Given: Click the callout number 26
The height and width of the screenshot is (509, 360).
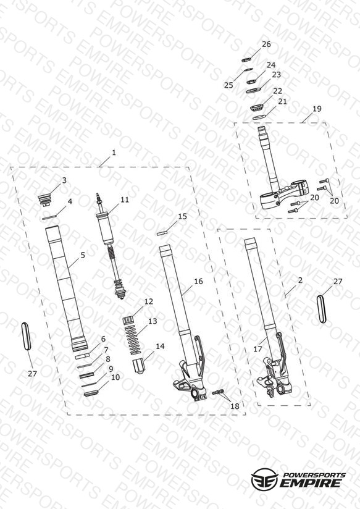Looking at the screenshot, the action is point(266,44).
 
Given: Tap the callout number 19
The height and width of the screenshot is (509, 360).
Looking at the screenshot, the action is point(317,109).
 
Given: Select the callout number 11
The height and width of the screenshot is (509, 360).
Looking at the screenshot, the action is point(125,200).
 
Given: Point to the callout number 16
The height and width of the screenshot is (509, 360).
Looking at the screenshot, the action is point(198,281).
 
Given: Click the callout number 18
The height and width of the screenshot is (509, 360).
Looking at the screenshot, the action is point(235,406).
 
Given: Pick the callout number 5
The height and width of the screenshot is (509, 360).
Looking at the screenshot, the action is point(83,255).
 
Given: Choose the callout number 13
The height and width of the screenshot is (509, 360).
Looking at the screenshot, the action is point(153,321).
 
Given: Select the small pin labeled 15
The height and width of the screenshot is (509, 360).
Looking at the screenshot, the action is point(162,233).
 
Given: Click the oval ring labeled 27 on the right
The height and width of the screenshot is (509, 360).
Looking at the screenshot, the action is point(320,308).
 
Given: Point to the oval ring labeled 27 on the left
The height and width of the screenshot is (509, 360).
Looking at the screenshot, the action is point(26,336).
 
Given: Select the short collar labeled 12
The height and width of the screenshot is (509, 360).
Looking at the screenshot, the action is point(128,320).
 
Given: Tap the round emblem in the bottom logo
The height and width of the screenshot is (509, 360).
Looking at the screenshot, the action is point(265,479).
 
